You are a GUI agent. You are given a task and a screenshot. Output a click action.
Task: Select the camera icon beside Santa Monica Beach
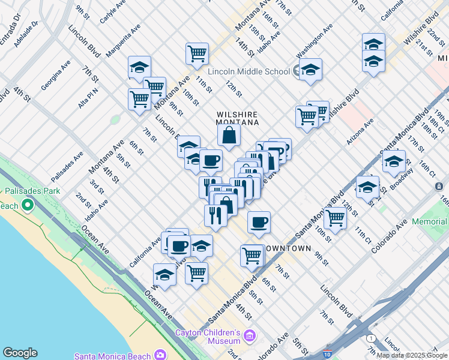[x=160, y=355]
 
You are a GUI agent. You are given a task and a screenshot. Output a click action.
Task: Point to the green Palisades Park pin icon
[x=28, y=206]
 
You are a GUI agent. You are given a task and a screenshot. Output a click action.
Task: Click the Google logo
[x=20, y=353]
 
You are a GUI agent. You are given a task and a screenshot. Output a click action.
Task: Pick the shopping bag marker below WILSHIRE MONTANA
[x=229, y=136]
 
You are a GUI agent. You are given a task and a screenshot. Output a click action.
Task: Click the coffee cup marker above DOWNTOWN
[x=259, y=223]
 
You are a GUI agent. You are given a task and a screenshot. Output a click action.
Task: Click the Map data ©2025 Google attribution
[x=411, y=355]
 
